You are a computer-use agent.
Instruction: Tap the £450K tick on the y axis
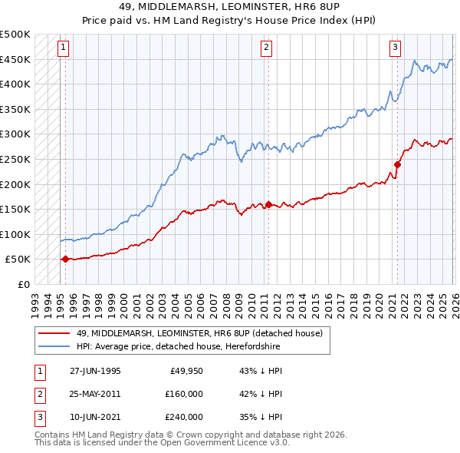pyautogui.click(x=15, y=59)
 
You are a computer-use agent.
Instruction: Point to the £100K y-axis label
pyautogui.click(x=15, y=234)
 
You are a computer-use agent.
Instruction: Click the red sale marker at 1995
pyautogui.click(x=65, y=260)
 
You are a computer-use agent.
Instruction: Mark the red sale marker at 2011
pyautogui.click(x=268, y=204)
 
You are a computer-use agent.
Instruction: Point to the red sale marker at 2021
pyautogui.click(x=397, y=164)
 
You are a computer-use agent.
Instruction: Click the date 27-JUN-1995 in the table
pyautogui.click(x=95, y=371)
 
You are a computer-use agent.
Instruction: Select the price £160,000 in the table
pyautogui.click(x=184, y=394)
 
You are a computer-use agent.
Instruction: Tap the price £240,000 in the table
pyautogui.click(x=184, y=417)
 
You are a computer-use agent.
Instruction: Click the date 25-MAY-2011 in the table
pyautogui.click(x=95, y=394)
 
